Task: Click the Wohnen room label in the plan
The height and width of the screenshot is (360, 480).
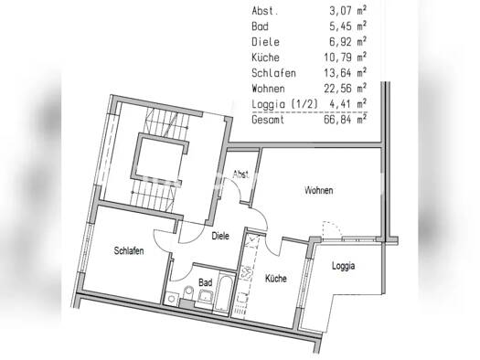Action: click(319, 190)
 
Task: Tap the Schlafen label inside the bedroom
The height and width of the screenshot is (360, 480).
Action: click(129, 250)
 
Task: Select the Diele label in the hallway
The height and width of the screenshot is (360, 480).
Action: click(220, 236)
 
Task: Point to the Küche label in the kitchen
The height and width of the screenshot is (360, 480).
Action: click(276, 279)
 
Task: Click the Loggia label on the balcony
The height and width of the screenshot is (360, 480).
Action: click(344, 266)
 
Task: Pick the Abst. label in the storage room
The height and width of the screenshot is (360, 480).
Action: click(240, 175)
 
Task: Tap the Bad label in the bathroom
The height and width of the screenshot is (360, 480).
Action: click(205, 282)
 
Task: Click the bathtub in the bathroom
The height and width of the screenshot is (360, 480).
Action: click(223, 292)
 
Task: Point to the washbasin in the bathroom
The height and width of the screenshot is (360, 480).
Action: click(206, 296)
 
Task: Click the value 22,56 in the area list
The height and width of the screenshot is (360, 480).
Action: click(336, 89)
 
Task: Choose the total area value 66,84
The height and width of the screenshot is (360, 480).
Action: click(336, 120)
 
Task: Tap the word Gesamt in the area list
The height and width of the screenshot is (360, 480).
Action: click(268, 120)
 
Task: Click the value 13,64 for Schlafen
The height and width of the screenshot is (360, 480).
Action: click(336, 73)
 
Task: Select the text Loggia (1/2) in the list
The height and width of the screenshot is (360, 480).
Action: click(285, 104)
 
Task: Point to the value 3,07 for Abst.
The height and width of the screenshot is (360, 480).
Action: click(338, 11)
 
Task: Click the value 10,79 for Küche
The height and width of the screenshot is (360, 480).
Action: click(336, 58)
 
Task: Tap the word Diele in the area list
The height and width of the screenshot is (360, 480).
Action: click(265, 42)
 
